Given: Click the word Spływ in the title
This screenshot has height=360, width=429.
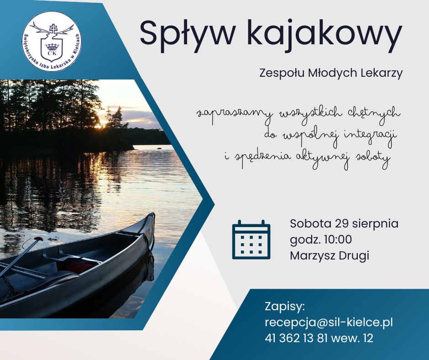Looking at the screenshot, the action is [x=188, y=34].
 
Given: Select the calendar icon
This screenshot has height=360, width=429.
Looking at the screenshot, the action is [x=251, y=239].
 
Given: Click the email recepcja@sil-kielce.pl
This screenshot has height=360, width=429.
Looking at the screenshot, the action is [x=329, y=322].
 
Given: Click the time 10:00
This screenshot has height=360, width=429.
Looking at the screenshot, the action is [x=338, y=239].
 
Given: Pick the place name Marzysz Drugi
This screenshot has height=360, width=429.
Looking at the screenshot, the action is [x=330, y=256].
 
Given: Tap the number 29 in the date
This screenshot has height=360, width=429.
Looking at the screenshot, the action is [x=342, y=223].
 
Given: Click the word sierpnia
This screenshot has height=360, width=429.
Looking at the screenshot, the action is [x=375, y=223].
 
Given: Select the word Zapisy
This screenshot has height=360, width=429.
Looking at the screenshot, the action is [x=284, y=307].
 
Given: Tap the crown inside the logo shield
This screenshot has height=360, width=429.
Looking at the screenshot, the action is [x=52, y=46].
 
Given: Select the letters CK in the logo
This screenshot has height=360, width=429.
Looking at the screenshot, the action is [x=52, y=53].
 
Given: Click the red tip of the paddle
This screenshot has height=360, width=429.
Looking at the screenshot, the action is [x=39, y=239].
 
